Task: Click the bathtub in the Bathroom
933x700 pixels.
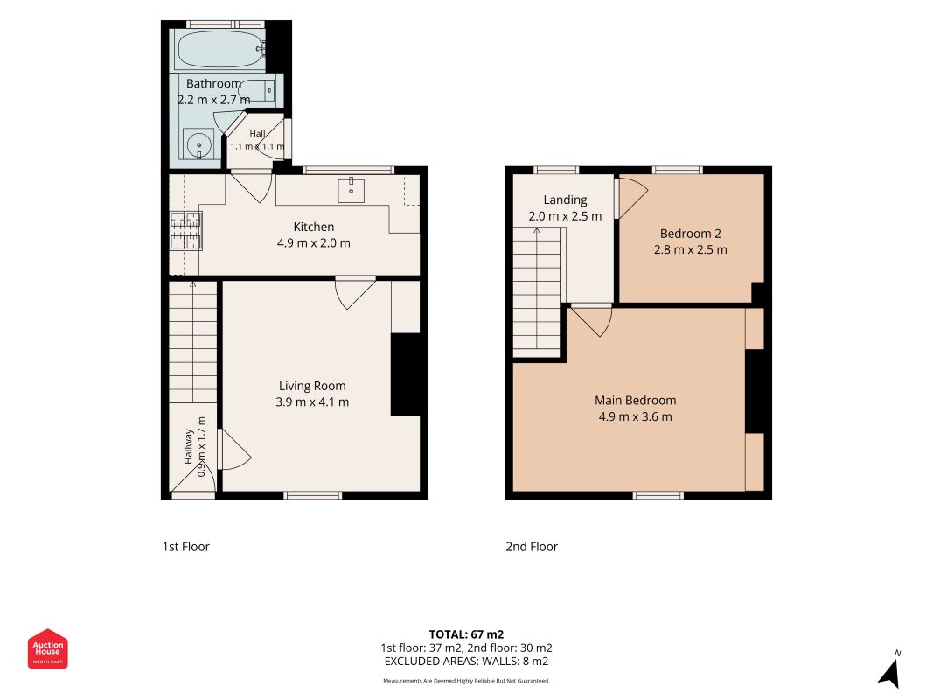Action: (220, 49)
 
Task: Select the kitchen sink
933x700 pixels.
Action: (351, 190)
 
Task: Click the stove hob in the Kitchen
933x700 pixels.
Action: (185, 230)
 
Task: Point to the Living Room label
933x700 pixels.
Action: (312, 386)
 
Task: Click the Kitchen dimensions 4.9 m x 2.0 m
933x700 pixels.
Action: (314, 243)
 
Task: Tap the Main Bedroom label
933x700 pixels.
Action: (636, 401)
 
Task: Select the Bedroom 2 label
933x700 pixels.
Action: (690, 234)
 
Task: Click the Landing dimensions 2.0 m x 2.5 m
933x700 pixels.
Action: (565, 216)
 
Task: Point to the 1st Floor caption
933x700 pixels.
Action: (186, 546)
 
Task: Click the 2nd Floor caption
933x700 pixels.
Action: (532, 546)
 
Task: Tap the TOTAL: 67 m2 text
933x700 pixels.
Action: (467, 634)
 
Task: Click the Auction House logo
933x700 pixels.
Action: (47, 648)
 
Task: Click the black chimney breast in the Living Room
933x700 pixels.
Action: (406, 374)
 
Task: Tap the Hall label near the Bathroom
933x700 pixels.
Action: (258, 133)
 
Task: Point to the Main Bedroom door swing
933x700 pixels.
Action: (591, 321)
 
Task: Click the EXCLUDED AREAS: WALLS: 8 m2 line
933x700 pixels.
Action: (467, 661)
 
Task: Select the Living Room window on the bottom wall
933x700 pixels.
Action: (312, 495)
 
